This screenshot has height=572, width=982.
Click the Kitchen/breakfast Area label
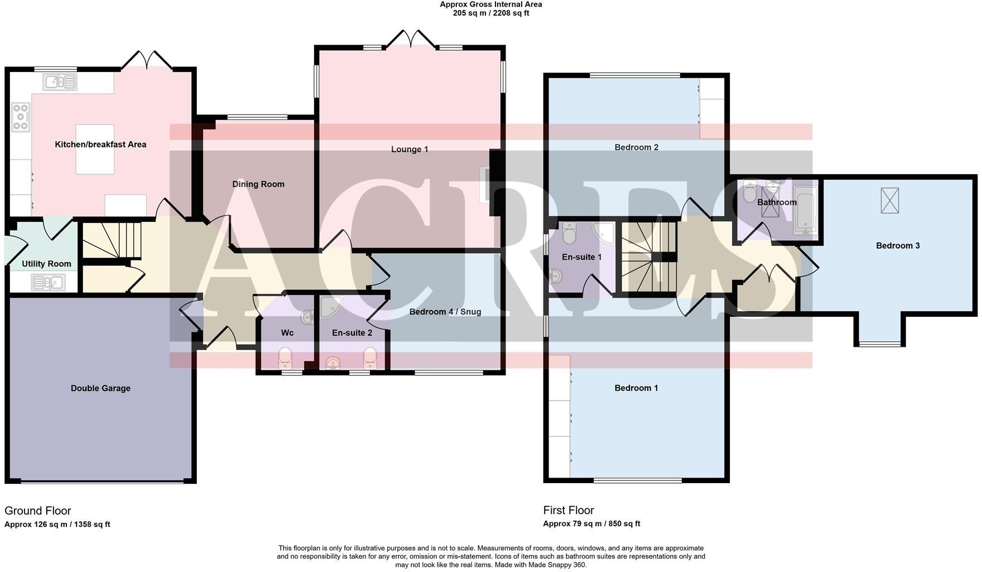coord(100,144)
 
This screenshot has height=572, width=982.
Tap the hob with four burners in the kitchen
coord(21,117)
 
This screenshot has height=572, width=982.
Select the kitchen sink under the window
coord(60,82)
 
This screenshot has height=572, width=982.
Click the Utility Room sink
coord(48,283)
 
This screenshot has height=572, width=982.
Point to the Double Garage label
coord(100,388)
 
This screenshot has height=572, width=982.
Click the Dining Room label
coord(258,184)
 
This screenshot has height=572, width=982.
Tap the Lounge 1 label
coord(410,149)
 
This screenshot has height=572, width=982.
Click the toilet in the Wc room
coord(285,356)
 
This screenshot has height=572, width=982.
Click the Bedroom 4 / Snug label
coord(445,312)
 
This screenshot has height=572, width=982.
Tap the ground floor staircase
coord(112,240)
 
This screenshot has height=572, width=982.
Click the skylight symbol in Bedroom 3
coord(890,201)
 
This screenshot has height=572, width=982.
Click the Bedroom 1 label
coord(636,388)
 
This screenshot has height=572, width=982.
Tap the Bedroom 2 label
coord(636,147)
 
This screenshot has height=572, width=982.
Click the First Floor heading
coord(568,510)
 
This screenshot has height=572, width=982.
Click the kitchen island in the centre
coord(95,149)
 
